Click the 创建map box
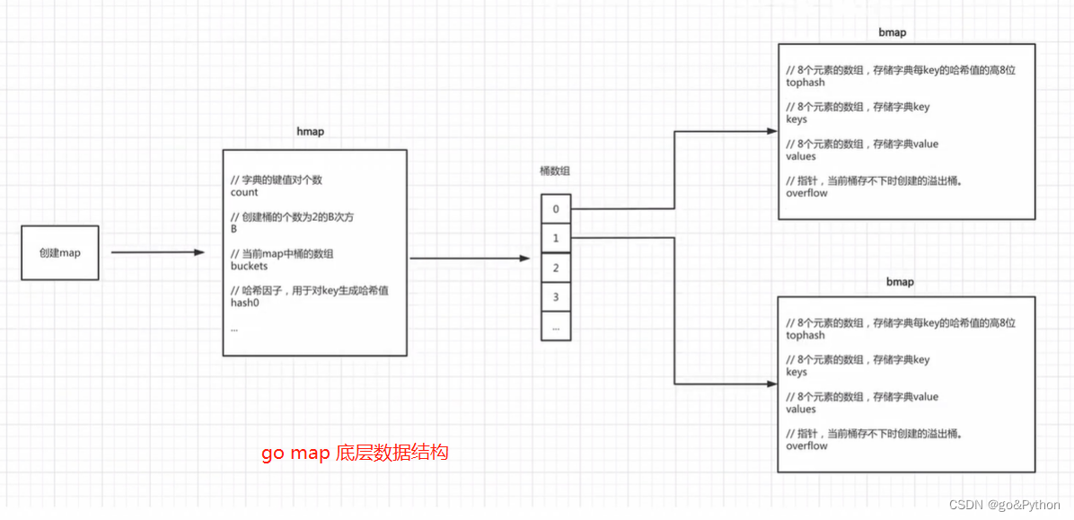pos(60,253)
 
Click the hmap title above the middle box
pos(310,131)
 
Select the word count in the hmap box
pos(244,192)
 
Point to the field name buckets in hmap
pos(250,267)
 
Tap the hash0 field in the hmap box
pos(246,303)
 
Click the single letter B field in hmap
pos(233,229)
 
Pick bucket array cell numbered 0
pos(556,209)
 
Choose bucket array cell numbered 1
pos(556,238)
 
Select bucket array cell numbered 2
pos(556,268)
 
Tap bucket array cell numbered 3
pos(556,297)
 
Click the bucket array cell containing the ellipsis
pos(556,326)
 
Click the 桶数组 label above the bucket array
pos(554,171)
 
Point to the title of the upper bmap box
pos(892,32)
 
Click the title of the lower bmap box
pos(900,281)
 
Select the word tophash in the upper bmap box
pos(805,83)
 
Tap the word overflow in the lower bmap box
pos(806,445)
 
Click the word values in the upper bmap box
pos(801,156)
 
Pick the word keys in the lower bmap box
pos(797,372)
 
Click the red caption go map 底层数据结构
pos(355,453)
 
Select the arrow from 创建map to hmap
pos(158,252)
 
